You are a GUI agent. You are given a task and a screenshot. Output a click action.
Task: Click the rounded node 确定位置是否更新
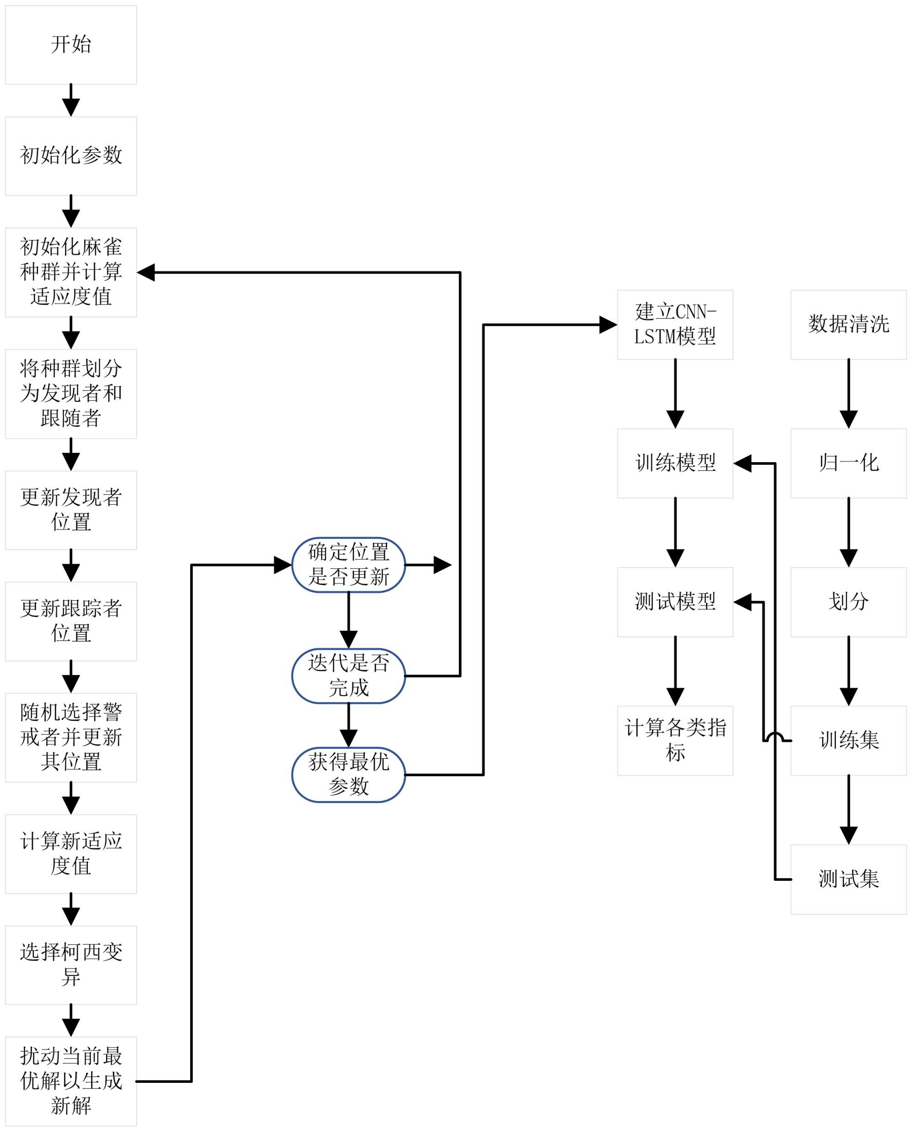coord(348,564)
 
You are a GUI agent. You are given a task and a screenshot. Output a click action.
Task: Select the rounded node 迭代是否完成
coord(348,676)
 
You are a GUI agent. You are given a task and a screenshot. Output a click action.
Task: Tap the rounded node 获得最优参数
coord(348,775)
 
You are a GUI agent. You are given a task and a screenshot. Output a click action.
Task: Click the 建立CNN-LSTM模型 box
coord(675,325)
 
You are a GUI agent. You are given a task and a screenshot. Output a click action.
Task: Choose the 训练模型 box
coord(675,463)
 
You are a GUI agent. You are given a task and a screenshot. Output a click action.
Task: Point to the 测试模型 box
coord(675,602)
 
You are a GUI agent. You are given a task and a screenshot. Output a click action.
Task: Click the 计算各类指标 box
coord(675,740)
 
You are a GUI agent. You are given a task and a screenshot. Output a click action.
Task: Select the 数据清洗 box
coord(848,325)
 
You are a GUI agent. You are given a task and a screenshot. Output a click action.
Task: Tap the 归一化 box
coord(848,463)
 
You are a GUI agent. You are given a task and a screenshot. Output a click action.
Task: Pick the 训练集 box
coord(848,740)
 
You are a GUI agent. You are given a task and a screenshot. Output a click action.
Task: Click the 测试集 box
coord(848,879)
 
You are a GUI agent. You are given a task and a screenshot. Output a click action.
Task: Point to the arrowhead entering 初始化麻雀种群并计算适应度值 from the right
coord(146,272)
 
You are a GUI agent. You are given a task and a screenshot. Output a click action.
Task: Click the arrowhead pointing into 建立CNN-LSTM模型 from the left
coord(608,325)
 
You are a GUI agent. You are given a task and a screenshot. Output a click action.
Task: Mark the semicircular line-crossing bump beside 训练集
coord(775,737)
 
